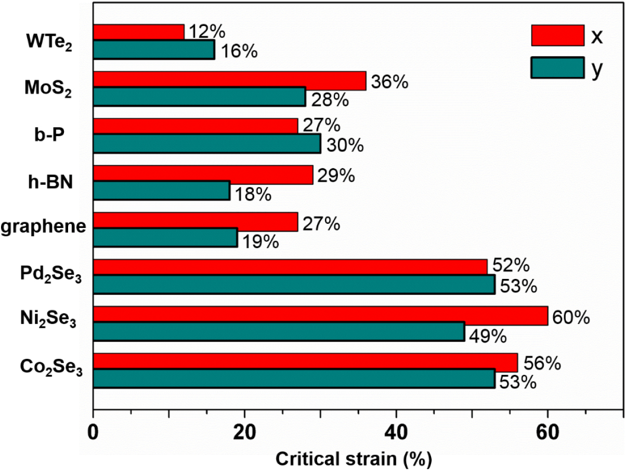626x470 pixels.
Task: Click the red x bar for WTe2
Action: click(138, 32)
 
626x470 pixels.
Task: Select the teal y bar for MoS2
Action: click(199, 97)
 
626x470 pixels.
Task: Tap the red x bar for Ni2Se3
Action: click(320, 316)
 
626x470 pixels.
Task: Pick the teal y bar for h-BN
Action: click(161, 191)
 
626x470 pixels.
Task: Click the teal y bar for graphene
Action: click(165, 238)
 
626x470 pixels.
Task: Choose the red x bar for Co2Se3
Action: click(305, 362)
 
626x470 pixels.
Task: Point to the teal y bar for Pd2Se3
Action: click(294, 285)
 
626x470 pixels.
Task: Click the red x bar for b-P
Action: click(195, 126)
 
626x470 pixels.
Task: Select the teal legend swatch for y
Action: click(557, 68)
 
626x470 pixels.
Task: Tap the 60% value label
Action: click(571, 317)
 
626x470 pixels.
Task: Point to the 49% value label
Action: click(488, 336)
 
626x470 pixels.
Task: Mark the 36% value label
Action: click(389, 82)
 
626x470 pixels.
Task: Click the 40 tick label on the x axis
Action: click(396, 432)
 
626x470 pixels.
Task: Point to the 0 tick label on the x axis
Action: click(94, 432)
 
